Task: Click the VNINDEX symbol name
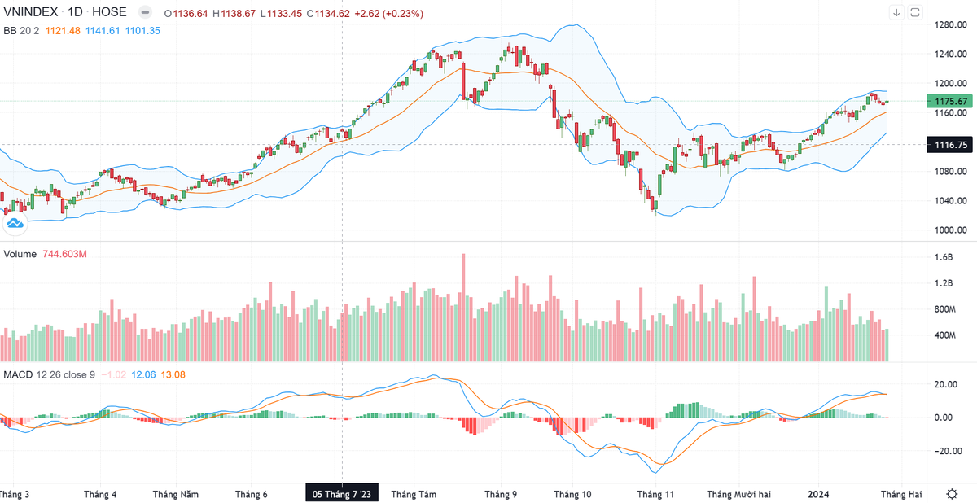tap(30, 13)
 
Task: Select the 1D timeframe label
tap(76, 13)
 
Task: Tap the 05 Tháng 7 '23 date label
tap(342, 494)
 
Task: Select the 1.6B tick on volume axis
tap(944, 257)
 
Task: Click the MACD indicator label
tap(17, 374)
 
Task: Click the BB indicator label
tap(10, 30)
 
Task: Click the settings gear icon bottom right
tap(952, 494)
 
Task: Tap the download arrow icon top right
tap(896, 12)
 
